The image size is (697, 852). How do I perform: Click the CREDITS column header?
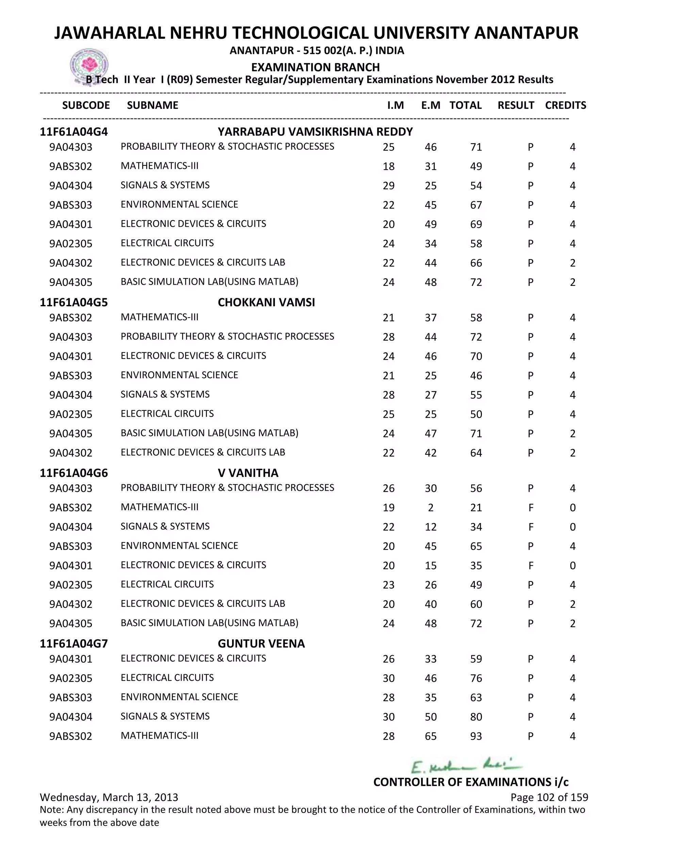click(565, 105)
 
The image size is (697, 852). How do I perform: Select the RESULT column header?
click(516, 105)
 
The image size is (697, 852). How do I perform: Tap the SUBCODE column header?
click(86, 105)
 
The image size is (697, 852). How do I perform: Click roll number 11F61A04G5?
click(74, 302)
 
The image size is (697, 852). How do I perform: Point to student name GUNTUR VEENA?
click(261, 644)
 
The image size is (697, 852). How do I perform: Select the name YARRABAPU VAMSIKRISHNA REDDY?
click(315, 132)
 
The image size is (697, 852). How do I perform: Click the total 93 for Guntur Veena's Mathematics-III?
click(476, 736)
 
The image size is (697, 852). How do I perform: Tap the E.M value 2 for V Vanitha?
click(431, 508)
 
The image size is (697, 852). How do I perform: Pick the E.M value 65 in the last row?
click(431, 736)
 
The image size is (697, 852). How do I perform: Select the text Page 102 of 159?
click(549, 798)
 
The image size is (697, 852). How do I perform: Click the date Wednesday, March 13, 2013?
click(109, 798)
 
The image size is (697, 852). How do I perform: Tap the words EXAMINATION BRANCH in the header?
click(315, 67)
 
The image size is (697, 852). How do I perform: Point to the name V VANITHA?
click(248, 473)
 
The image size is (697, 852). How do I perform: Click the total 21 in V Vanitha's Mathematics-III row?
click(476, 508)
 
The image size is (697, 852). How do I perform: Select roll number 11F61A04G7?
click(74, 644)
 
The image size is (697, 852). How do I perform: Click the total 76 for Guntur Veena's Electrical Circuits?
click(476, 678)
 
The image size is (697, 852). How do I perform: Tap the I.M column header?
click(395, 105)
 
